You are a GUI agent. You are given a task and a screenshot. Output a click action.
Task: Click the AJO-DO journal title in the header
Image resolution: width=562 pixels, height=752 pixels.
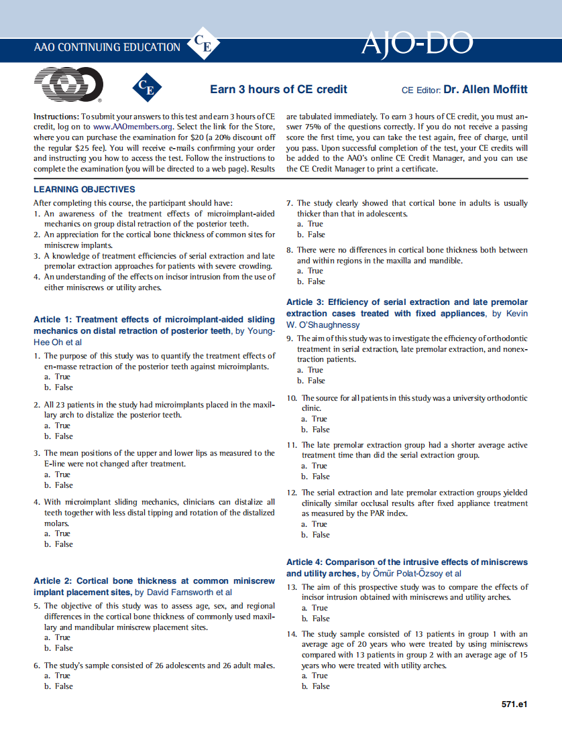pyautogui.click(x=416, y=44)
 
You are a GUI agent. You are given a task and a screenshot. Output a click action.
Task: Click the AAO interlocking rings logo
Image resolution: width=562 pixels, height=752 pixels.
pyautogui.click(x=68, y=86)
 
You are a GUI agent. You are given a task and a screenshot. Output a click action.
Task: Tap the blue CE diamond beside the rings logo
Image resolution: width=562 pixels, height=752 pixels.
pyautogui.click(x=146, y=88)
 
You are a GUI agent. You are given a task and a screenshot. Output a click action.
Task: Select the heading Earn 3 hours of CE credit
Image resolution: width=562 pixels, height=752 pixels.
pyautogui.click(x=278, y=89)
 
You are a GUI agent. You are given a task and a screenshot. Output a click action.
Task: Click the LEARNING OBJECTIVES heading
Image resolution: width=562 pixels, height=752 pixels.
pyautogui.click(x=85, y=190)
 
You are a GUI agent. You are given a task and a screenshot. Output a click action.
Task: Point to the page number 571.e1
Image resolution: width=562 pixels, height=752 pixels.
pyautogui.click(x=514, y=704)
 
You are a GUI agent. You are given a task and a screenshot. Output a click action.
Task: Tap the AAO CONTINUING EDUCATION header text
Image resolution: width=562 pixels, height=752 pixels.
pyautogui.click(x=107, y=48)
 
